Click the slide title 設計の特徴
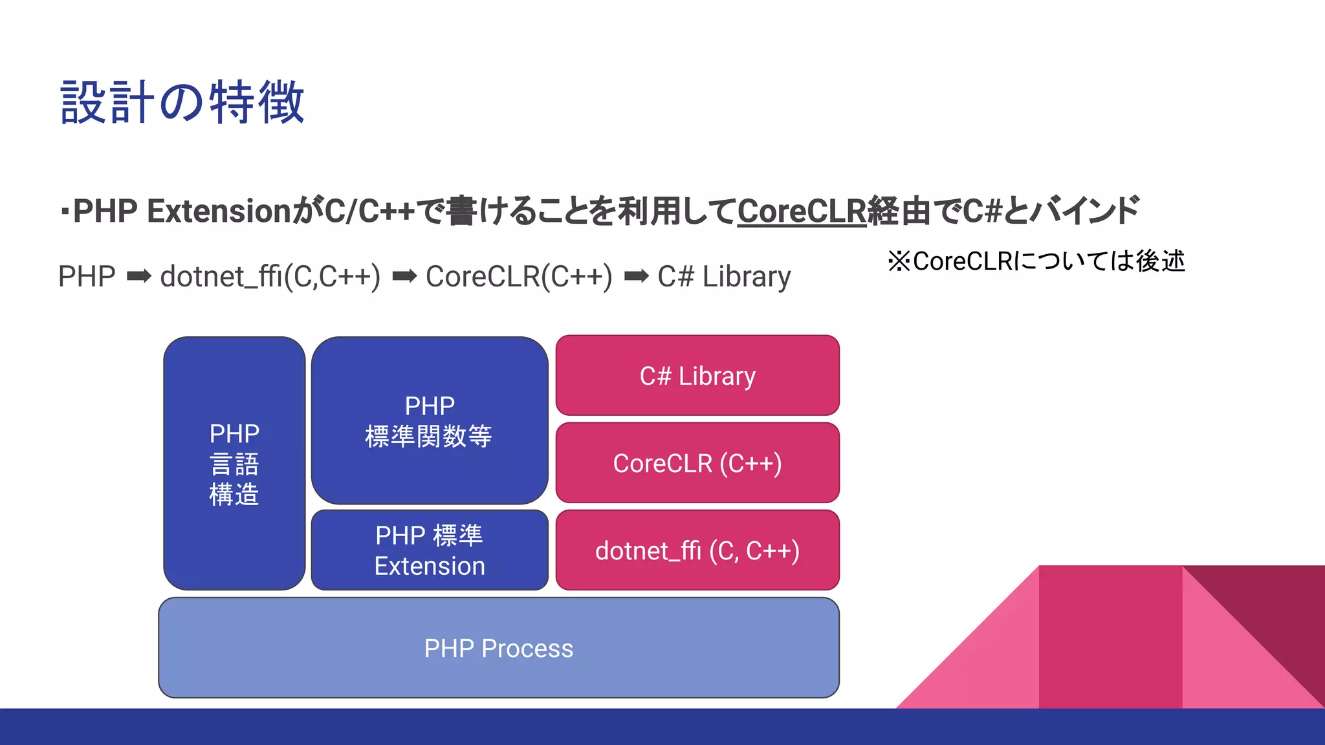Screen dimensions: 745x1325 (x=182, y=102)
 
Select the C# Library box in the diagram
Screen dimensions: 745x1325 (x=697, y=376)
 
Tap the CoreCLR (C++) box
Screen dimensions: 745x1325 (x=697, y=463)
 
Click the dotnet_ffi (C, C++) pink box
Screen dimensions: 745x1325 (x=697, y=550)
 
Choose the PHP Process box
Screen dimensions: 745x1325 (x=498, y=648)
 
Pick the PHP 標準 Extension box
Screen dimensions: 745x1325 (x=430, y=550)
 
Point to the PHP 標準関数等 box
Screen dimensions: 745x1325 (x=430, y=421)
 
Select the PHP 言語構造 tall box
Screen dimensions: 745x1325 (x=234, y=464)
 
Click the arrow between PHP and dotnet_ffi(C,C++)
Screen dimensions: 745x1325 (x=138, y=277)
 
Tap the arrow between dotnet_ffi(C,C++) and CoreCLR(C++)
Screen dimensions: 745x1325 (x=404, y=277)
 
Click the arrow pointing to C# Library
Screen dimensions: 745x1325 (x=636, y=277)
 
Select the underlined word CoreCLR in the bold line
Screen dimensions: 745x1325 (x=802, y=211)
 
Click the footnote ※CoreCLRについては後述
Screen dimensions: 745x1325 (x=1036, y=261)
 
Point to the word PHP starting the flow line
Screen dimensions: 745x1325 (x=87, y=277)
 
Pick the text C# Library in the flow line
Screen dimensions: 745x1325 (x=724, y=277)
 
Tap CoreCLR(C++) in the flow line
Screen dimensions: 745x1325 (x=519, y=277)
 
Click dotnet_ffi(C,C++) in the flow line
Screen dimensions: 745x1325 (x=270, y=277)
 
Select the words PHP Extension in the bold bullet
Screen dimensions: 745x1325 (x=182, y=211)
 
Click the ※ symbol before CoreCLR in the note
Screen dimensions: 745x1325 (x=899, y=261)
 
